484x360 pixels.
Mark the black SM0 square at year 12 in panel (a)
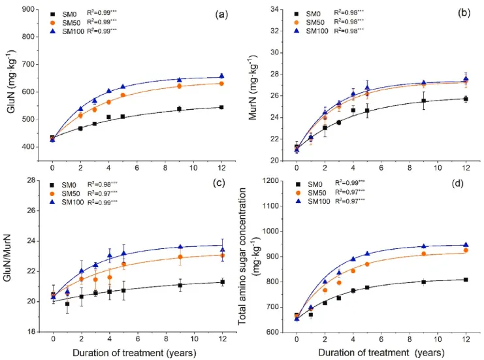pos(221,107)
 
